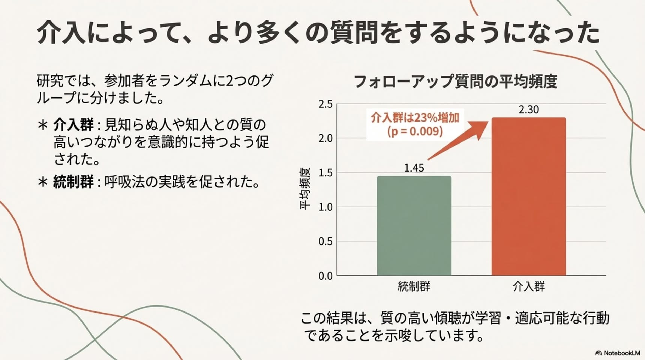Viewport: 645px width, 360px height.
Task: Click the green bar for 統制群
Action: [414, 226]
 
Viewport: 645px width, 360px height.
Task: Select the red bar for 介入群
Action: [529, 196]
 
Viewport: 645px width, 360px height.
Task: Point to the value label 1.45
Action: [414, 168]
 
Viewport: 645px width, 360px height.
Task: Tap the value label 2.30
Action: [529, 109]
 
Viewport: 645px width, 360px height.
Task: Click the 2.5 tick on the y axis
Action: [325, 104]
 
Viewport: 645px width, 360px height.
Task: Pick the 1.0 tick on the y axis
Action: [325, 207]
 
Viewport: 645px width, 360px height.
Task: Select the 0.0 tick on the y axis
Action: [325, 276]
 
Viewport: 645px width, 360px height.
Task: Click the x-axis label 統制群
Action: [414, 287]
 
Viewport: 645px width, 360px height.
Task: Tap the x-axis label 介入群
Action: [529, 287]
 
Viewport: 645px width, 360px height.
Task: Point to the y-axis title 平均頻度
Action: [305, 189]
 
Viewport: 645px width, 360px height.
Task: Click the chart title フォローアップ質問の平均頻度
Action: [455, 81]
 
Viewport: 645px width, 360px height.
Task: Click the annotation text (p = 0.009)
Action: [415, 131]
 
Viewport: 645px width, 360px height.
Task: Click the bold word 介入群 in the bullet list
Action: [73, 124]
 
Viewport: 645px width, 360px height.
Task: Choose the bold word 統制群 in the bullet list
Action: [73, 182]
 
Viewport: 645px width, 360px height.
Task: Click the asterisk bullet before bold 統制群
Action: [43, 182]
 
